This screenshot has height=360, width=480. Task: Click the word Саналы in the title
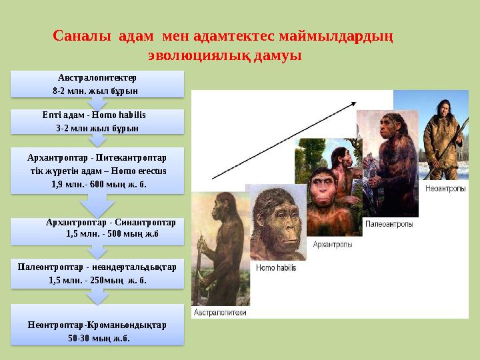click(x=82, y=36)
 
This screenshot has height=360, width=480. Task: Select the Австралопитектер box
click(x=97, y=83)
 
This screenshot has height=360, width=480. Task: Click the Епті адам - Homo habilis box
click(x=97, y=121)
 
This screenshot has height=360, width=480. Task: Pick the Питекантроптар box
click(x=97, y=171)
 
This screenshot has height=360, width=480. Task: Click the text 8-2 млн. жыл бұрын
click(x=95, y=90)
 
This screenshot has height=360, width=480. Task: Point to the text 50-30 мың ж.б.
click(x=99, y=338)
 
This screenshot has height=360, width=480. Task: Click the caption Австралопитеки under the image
click(x=220, y=312)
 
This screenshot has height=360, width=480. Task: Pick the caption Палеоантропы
click(x=389, y=224)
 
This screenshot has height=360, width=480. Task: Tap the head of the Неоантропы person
click(x=443, y=109)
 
